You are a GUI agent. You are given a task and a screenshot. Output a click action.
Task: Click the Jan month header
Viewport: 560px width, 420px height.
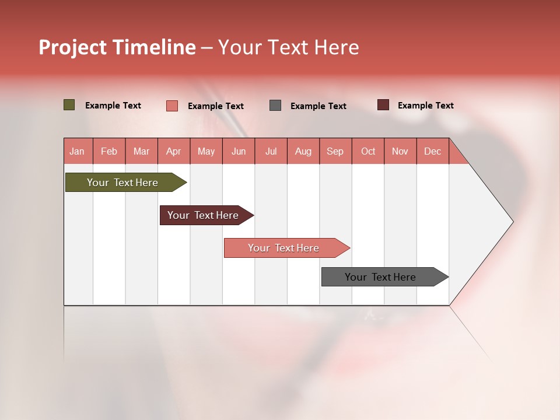[77, 151]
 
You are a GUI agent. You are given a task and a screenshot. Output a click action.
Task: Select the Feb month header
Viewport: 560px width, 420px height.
[109, 151]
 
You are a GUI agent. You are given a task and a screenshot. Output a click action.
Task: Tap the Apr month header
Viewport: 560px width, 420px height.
[173, 151]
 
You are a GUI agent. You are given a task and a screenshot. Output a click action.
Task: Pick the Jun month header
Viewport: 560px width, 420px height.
[239, 151]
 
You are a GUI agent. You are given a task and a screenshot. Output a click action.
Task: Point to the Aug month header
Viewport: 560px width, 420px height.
[303, 151]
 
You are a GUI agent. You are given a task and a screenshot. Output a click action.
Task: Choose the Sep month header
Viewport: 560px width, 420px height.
[335, 151]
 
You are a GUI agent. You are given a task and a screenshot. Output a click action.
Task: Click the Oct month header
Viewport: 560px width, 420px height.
[368, 151]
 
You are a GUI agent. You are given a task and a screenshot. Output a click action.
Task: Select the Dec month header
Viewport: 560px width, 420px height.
[432, 151]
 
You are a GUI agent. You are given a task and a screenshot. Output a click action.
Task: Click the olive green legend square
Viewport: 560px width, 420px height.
[69, 105]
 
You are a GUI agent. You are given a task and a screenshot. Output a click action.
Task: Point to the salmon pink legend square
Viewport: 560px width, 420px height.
[172, 106]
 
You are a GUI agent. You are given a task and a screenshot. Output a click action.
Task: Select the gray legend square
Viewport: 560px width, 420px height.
[275, 105]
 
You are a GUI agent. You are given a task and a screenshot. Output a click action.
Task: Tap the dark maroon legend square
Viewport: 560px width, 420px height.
[383, 105]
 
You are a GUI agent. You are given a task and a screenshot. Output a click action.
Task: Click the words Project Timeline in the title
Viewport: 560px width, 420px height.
[117, 47]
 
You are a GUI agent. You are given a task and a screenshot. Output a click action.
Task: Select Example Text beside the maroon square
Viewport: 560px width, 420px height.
[425, 106]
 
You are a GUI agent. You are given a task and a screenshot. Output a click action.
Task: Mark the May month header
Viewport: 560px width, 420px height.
[206, 151]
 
